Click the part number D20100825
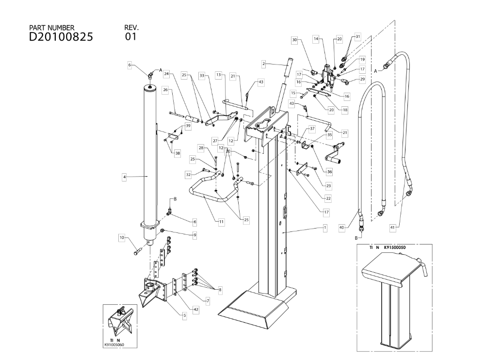tap(61, 37)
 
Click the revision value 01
tap(130, 37)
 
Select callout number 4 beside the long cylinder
tap(124, 178)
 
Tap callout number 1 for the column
tap(325, 227)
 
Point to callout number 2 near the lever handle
tap(263, 63)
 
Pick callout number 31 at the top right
tap(358, 36)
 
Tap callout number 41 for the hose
tap(392, 227)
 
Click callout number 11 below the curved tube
tap(221, 222)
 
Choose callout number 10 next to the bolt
tap(122, 237)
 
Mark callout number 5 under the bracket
tap(184, 315)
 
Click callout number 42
tap(195, 309)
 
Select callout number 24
tap(166, 74)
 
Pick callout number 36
tap(329, 171)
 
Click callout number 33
tap(202, 75)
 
